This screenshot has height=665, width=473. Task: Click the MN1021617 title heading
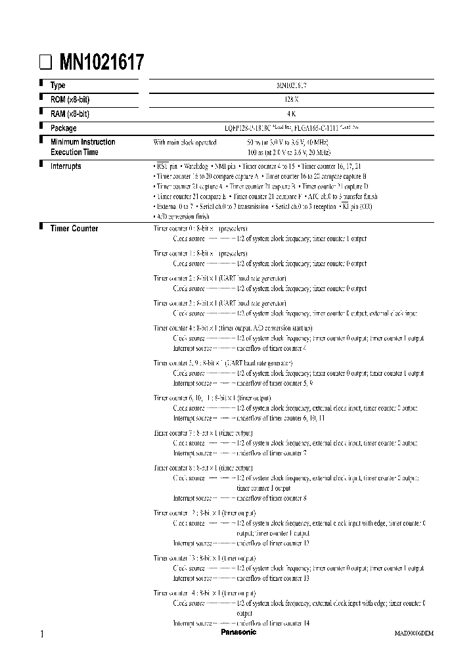coord(102,62)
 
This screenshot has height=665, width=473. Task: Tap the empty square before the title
coord(45,63)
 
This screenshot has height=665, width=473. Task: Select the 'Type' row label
coord(58,85)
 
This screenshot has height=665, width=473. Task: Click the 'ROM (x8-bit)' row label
coord(70,99)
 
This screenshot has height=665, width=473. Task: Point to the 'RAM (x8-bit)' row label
coord(70,114)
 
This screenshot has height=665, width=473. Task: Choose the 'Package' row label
coord(63,128)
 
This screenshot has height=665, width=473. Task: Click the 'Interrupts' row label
coord(66,166)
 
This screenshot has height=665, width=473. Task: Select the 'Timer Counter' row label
coord(74,229)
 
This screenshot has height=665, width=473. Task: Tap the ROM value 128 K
coord(292,99)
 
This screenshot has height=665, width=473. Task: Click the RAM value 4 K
coord(292,114)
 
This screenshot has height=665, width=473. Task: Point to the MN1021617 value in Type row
coord(292,85)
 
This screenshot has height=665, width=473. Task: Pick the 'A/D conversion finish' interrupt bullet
coord(182,216)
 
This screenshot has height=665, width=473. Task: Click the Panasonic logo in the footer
coord(238,632)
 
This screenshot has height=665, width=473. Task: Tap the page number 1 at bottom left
coord(43,633)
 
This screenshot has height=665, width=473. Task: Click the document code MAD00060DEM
coord(414,633)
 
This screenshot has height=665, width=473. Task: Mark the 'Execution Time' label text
coord(75,152)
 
